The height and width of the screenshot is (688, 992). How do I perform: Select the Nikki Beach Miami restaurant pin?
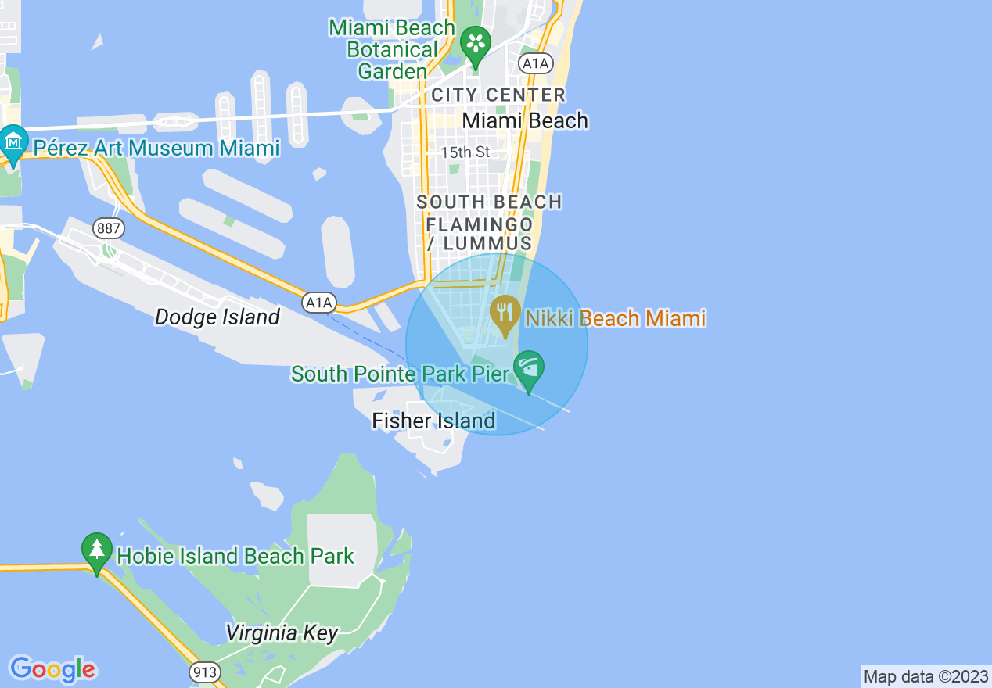pos(505,313)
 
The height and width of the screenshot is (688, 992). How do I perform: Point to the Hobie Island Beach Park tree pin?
pos(96,550)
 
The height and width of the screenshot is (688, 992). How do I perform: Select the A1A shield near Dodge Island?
pos(319,302)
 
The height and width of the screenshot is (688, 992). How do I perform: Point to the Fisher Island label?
pos(433,421)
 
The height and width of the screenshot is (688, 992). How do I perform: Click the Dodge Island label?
pos(217,317)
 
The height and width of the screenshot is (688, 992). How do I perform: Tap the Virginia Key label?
pos(282,632)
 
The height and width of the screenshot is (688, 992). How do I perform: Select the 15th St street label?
pos(465,152)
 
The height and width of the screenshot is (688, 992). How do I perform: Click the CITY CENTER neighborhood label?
pos(498,95)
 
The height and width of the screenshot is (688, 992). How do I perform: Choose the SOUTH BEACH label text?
pos(489,202)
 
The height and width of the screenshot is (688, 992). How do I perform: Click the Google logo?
pos(52,669)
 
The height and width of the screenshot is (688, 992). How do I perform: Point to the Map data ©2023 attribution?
pos(925,676)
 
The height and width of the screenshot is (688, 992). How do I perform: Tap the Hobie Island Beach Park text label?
pos(235,557)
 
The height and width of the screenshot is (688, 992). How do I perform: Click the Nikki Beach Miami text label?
pos(616,318)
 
